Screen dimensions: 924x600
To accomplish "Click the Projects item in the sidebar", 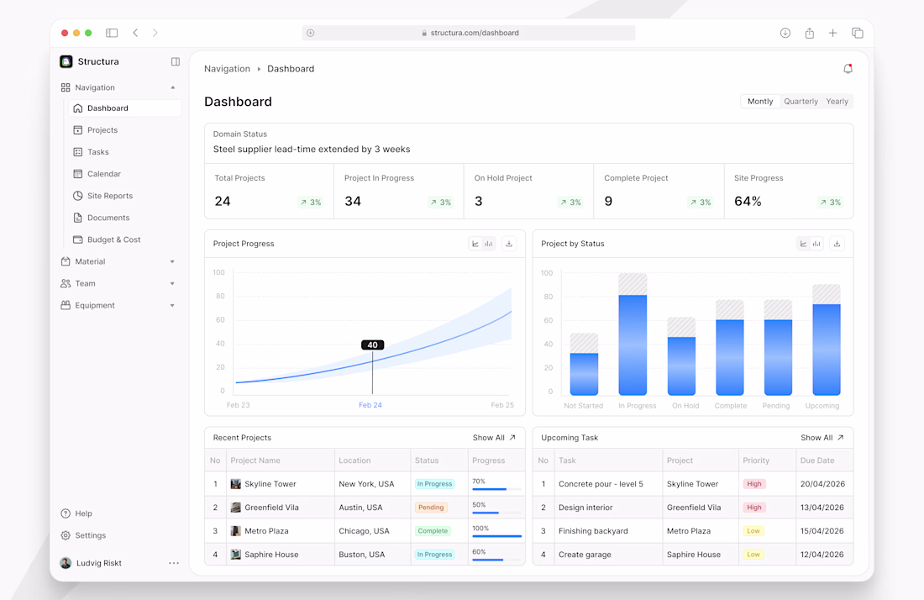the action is pyautogui.click(x=102, y=130).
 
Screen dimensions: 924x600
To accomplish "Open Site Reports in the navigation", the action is pyautogui.click(x=109, y=196).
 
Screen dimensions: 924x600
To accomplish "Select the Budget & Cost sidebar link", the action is pyautogui.click(x=113, y=239).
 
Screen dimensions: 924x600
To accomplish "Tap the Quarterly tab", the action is pyautogui.click(x=801, y=102).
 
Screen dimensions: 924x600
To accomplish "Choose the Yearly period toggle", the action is pyautogui.click(x=837, y=102).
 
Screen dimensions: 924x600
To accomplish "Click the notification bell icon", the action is pyautogui.click(x=848, y=69).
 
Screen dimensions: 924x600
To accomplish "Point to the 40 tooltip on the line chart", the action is pyautogui.click(x=372, y=345).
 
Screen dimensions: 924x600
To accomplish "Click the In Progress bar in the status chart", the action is pyautogui.click(x=633, y=345).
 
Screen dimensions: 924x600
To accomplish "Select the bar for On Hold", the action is pyautogui.click(x=682, y=366).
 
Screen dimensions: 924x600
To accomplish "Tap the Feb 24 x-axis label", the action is pyautogui.click(x=370, y=405).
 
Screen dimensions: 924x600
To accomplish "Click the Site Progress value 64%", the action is pyautogui.click(x=748, y=202).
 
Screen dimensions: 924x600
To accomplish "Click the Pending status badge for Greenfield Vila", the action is pyautogui.click(x=431, y=508).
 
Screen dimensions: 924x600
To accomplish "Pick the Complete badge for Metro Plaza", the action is pyautogui.click(x=433, y=531).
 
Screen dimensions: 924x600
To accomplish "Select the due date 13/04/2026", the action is pyautogui.click(x=822, y=508).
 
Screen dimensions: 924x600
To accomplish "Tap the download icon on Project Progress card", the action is pyautogui.click(x=509, y=244).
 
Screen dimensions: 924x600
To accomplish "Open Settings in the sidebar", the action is pyautogui.click(x=90, y=535).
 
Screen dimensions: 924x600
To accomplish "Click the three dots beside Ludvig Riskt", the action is pyautogui.click(x=174, y=563).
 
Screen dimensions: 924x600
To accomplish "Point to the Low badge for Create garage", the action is pyautogui.click(x=753, y=555).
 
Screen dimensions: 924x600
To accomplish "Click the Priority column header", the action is pyautogui.click(x=756, y=461).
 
